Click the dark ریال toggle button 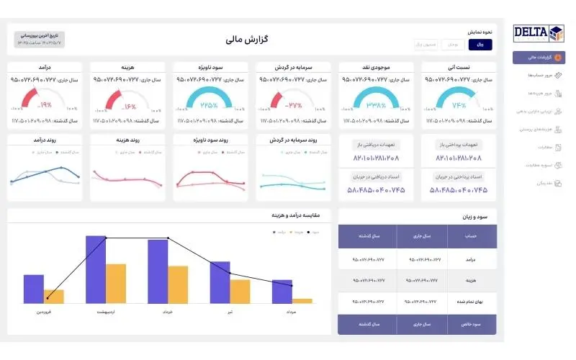pos(480,45)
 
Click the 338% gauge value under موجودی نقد pos(375,104)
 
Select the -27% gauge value pos(292,104)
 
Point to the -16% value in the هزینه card pos(125,104)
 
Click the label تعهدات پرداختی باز pos(459,145)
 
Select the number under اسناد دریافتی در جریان pos(375,190)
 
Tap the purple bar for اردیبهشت pos(96,269)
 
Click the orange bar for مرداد pos(302,300)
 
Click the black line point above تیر pos(230,273)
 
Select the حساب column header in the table pos(471,235)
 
